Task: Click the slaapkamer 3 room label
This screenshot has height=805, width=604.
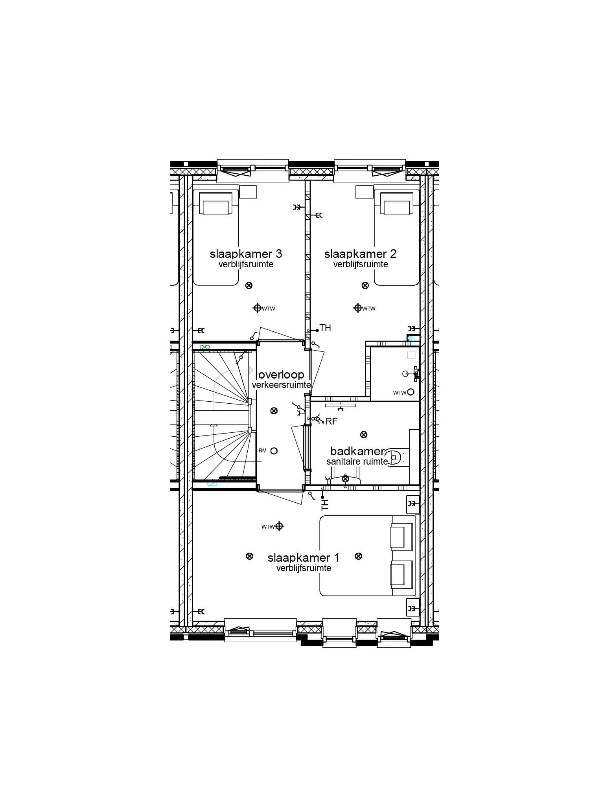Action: coord(246,254)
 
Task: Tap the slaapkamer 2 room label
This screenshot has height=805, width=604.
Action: coord(360,254)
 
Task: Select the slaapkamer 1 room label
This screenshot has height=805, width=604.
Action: coord(303,558)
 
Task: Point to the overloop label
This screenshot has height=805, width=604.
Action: coord(282,374)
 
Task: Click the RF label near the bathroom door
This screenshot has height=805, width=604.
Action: coord(331,421)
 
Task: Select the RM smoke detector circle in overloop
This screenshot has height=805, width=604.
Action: coord(274,451)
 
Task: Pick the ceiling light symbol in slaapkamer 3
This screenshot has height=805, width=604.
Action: coord(249,285)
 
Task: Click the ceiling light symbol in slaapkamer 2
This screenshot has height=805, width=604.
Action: coord(365,285)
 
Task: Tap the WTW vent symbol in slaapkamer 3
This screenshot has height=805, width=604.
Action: coord(258,308)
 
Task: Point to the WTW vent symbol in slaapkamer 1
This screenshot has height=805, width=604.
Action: coord(279,526)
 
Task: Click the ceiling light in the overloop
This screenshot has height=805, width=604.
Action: coord(274,411)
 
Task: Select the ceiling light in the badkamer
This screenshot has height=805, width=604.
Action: coord(364,434)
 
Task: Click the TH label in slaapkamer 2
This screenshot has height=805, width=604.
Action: coord(326,328)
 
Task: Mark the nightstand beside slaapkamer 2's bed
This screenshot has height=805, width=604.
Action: coord(364,192)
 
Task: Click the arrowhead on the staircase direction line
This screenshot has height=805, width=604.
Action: coord(214,425)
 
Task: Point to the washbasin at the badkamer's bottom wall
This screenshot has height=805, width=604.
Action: coord(345,480)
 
